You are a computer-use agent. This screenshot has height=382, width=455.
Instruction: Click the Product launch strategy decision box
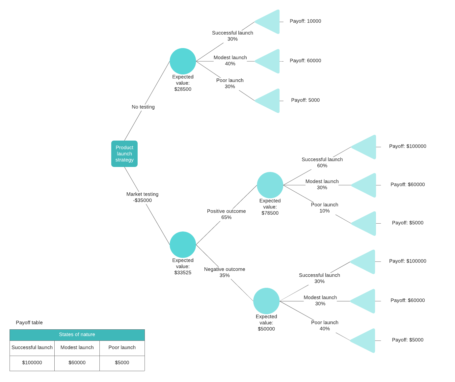[124, 154]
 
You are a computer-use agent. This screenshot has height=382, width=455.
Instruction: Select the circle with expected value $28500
[183, 61]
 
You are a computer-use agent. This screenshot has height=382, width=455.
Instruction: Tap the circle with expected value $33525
[183, 245]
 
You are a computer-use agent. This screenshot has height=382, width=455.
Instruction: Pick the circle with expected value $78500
[270, 185]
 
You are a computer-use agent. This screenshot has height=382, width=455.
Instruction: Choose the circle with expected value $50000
[266, 301]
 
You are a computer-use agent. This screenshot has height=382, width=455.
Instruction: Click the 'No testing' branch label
[143, 107]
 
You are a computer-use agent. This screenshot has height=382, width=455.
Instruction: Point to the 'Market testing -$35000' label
[142, 197]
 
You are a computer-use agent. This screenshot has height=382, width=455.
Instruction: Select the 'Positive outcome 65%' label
[226, 214]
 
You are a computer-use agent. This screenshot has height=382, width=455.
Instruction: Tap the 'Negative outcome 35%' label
[225, 272]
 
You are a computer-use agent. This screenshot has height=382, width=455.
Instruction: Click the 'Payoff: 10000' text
[305, 21]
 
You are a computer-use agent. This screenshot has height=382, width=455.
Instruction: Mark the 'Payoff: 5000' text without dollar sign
[305, 100]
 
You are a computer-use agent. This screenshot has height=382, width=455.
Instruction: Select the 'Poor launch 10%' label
[324, 208]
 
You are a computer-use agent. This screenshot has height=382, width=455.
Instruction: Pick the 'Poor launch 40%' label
[325, 325]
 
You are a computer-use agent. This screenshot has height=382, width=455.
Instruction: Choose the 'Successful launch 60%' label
[322, 162]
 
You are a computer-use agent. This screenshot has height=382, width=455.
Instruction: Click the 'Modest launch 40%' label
[230, 61]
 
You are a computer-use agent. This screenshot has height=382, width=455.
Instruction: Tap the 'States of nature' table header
[77, 335]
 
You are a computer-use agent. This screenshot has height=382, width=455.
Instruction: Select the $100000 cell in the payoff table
[32, 363]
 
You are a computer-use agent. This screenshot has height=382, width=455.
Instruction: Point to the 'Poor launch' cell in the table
[122, 347]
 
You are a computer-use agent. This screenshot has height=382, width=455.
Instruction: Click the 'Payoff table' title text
[29, 323]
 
